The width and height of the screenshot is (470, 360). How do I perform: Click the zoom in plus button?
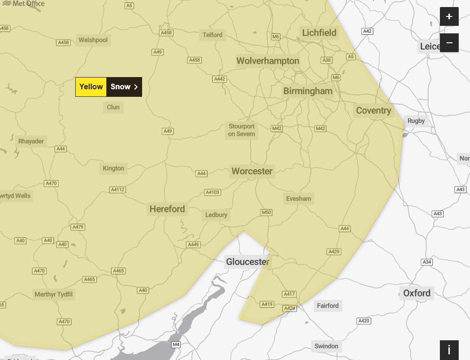tap(449, 17)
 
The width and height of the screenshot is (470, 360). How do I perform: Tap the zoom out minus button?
tap(449, 43)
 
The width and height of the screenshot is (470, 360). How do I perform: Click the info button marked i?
tap(449, 350)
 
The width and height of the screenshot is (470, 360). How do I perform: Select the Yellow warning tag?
tap(91, 87)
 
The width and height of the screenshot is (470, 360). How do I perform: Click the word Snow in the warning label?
tap(120, 87)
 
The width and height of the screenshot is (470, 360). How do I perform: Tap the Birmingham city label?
tap(308, 91)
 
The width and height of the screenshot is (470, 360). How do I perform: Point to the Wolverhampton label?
tap(268, 61)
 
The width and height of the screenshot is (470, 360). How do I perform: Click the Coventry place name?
tap(374, 111)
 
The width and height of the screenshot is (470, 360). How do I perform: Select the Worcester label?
tap(252, 172)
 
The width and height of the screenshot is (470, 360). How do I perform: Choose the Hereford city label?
tap(167, 209)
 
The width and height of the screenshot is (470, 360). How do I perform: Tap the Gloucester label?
tap(248, 262)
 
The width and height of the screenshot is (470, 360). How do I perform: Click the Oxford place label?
tap(416, 293)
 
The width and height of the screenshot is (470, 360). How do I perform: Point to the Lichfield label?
tap(319, 33)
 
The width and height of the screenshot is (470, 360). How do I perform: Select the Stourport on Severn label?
tap(241, 130)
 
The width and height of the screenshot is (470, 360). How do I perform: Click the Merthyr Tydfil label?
tap(54, 295)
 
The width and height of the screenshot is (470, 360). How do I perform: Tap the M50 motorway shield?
tap(266, 212)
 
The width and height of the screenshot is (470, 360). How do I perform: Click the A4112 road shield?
tap(118, 190)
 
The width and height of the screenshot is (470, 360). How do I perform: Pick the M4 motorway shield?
tap(176, 344)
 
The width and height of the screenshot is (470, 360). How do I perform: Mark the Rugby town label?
tap(416, 121)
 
